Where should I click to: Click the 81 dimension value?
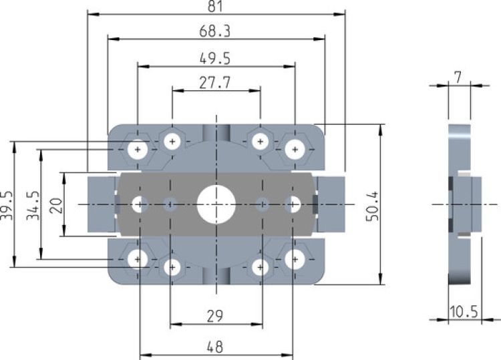(216, 6)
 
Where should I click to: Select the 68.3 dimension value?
(216, 31)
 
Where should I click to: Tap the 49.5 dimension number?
(216, 59)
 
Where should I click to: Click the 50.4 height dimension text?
(372, 204)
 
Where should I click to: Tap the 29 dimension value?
(215, 315)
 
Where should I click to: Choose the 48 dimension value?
(215, 347)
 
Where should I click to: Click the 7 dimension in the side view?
(458, 77)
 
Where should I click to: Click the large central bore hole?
(215, 203)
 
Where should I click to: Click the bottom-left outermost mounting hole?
(139, 258)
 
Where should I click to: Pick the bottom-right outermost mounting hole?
(293, 258)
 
